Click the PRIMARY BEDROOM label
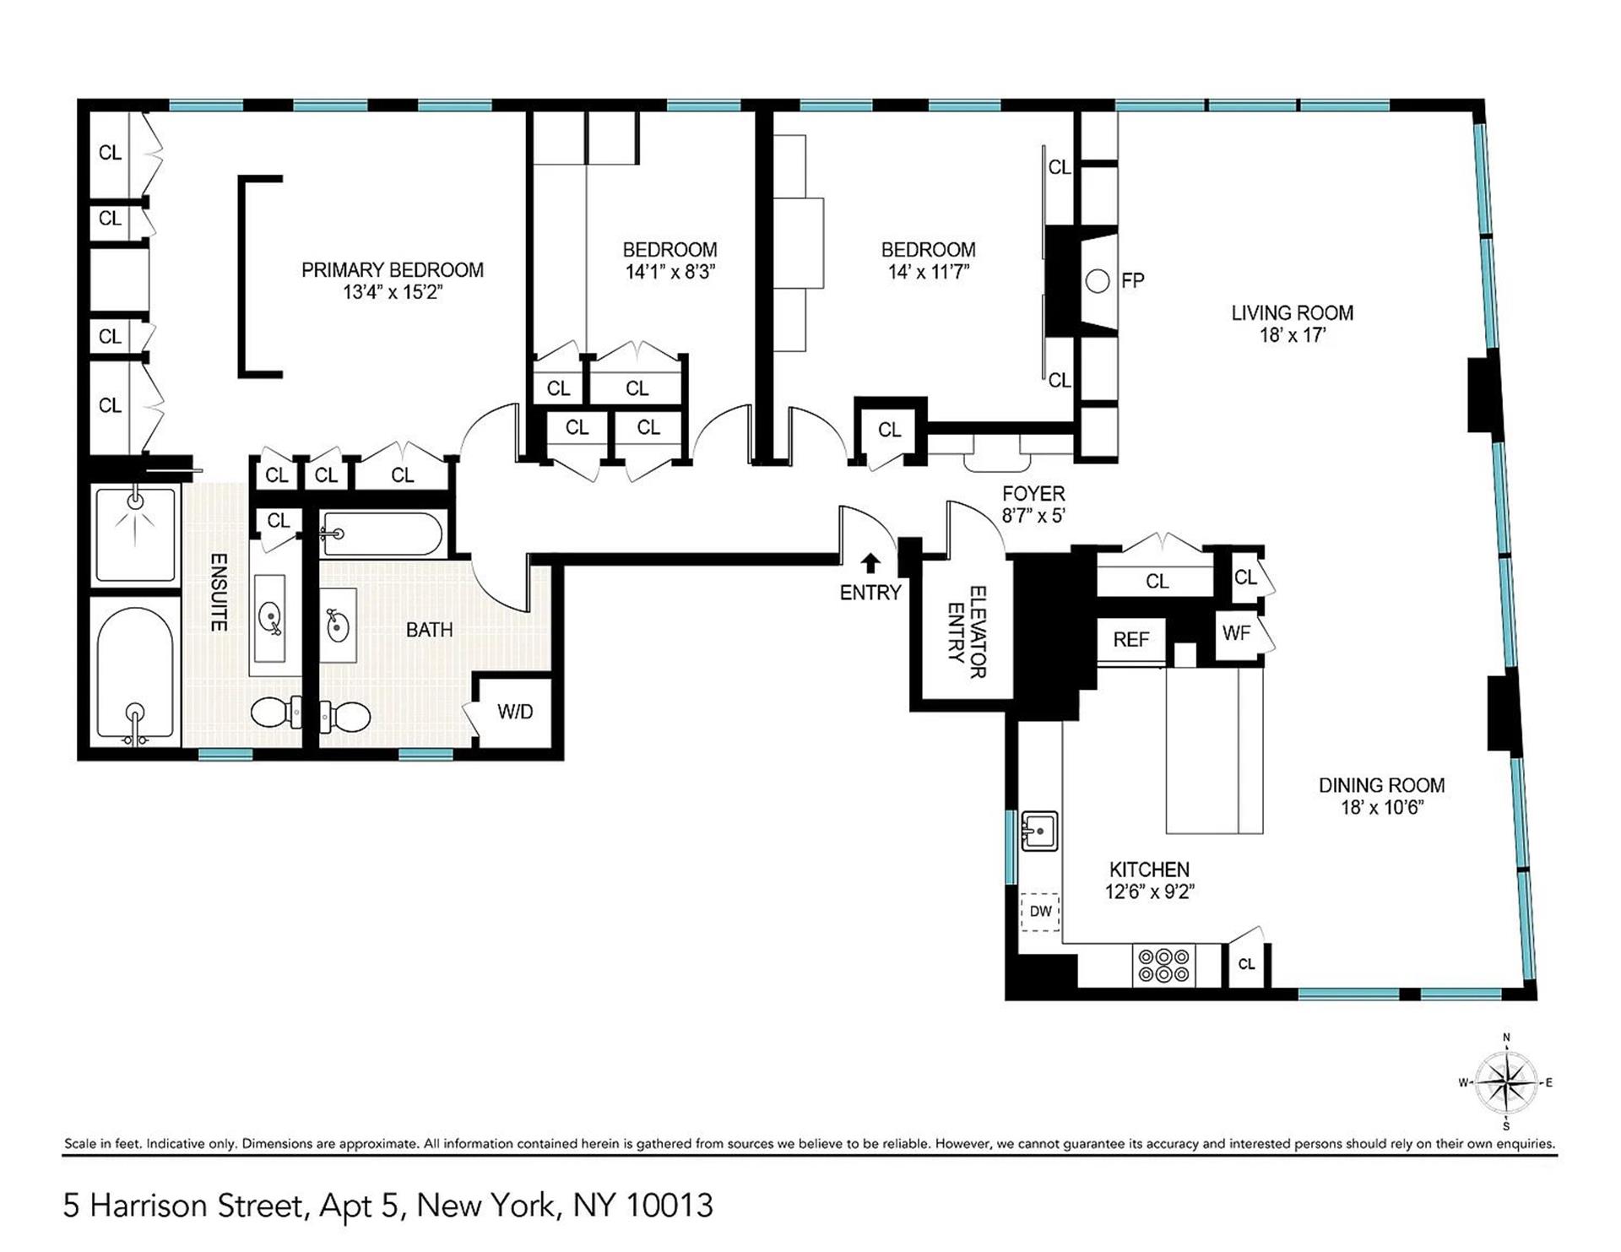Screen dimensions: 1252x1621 pyautogui.click(x=392, y=270)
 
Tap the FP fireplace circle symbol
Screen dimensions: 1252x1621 pyautogui.click(x=1097, y=281)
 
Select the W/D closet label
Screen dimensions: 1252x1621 pyautogui.click(x=515, y=712)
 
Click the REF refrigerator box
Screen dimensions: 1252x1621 pyautogui.click(x=1130, y=640)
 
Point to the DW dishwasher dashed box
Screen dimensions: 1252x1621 pyautogui.click(x=1040, y=912)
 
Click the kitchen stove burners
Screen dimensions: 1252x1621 pyautogui.click(x=1163, y=965)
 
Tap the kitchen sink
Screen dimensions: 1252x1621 pyautogui.click(x=1039, y=832)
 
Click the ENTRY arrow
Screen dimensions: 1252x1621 pyautogui.click(x=870, y=563)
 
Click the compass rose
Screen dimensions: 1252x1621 pyautogui.click(x=1506, y=1082)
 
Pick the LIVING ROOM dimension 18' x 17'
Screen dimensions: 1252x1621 pyautogui.click(x=1292, y=335)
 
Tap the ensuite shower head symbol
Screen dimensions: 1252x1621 pyautogui.click(x=135, y=501)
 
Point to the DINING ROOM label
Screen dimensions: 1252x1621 pyautogui.click(x=1381, y=785)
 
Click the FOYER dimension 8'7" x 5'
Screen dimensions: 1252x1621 pyautogui.click(x=1033, y=516)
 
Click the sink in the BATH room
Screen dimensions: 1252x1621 pyautogui.click(x=337, y=626)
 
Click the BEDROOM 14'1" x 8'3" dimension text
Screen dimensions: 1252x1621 pyautogui.click(x=670, y=272)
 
